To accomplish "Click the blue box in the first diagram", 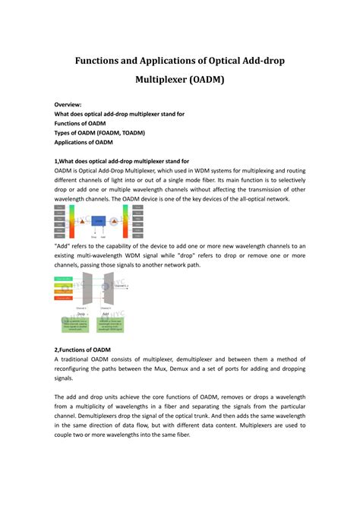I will [99, 220].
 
